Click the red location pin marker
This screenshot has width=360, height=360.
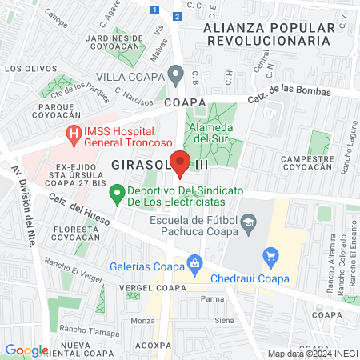point(180,162)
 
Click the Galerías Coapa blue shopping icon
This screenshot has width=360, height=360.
point(194,262)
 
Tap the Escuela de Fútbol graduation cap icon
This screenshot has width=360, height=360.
point(249,221)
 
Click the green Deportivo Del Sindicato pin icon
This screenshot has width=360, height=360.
point(117,192)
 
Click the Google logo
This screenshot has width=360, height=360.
point(26,350)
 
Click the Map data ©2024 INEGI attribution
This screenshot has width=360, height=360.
point(312,353)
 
